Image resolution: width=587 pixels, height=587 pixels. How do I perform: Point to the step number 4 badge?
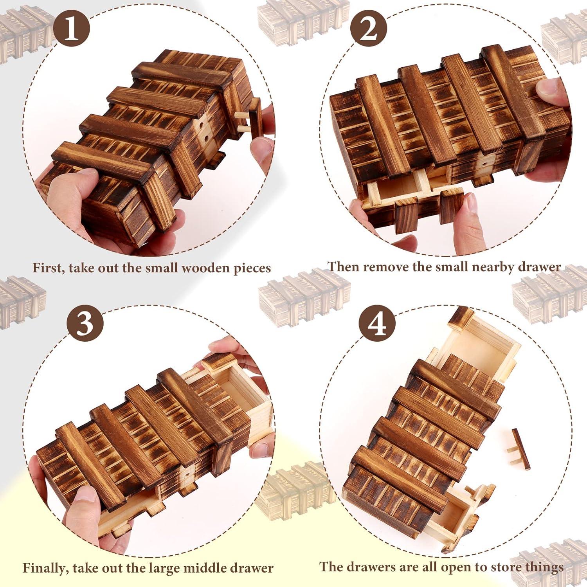(x=377, y=324)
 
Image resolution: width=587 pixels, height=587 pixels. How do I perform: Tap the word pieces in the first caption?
(x=252, y=269)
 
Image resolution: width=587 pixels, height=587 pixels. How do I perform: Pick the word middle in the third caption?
(x=213, y=568)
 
